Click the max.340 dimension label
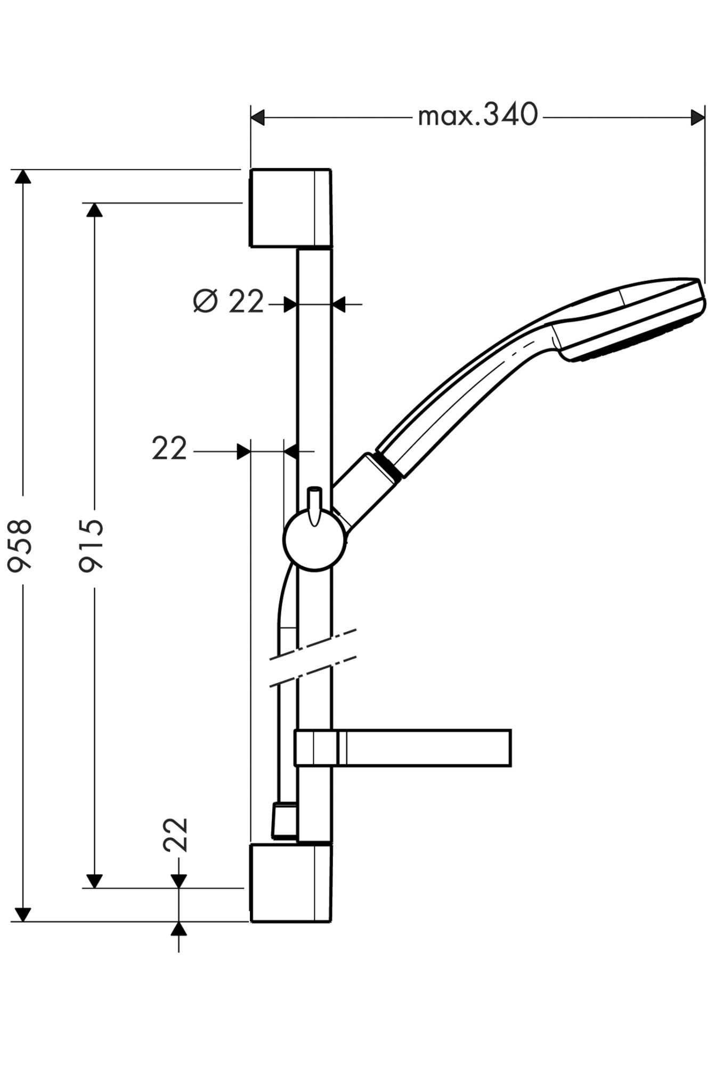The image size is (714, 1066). pos(478,116)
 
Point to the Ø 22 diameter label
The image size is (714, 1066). pos(229,302)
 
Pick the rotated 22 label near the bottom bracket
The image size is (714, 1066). pos(176,835)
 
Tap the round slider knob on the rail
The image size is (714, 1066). pos(314,541)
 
